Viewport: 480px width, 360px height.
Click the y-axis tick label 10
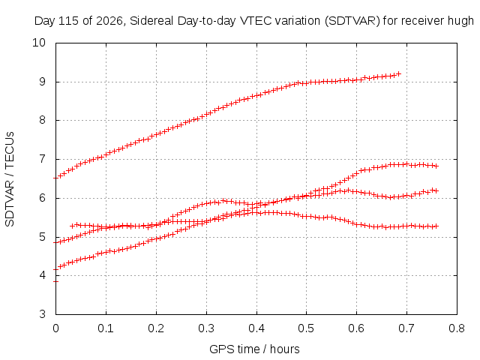coord(39,43)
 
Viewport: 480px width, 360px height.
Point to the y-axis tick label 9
coord(42,82)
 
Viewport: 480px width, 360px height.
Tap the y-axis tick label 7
coord(42,159)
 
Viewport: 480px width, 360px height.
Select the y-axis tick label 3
coord(42,314)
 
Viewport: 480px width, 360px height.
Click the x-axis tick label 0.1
coord(106,328)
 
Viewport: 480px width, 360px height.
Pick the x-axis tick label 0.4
coord(256,328)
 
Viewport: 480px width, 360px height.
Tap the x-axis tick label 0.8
coord(457,328)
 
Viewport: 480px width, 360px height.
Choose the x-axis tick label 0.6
coord(356,328)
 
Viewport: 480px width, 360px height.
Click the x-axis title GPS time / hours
coord(254,349)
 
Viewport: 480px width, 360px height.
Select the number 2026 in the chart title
coord(109,21)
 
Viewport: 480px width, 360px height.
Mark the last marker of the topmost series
coord(398,73)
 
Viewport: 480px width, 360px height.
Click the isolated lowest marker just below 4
coord(55,281)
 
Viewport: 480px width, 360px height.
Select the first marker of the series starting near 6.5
coord(55,178)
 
